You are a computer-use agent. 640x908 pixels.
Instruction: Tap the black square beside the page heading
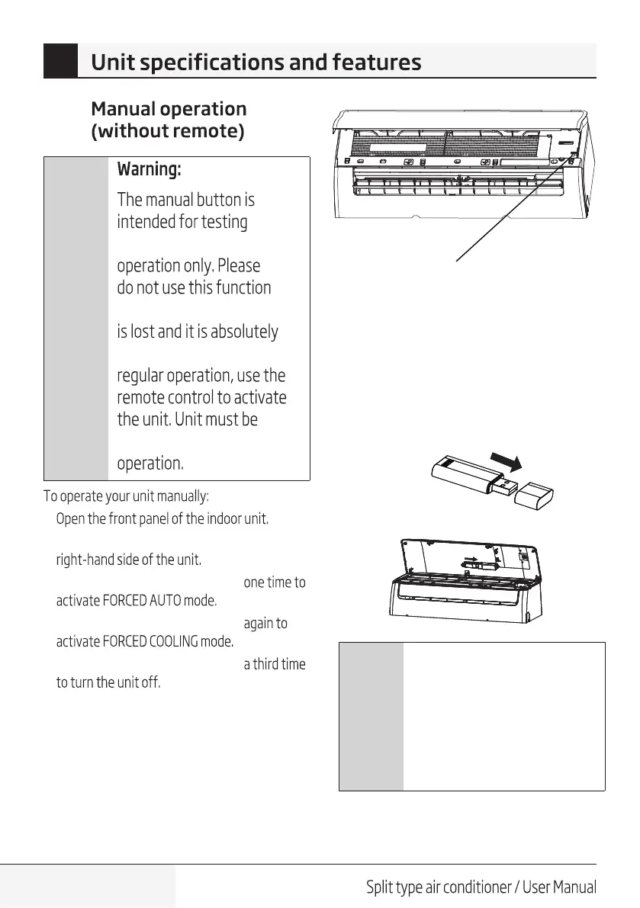[x=60, y=61]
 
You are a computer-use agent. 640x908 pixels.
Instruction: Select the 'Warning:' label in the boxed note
[x=149, y=168]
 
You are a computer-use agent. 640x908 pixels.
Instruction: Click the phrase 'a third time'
[x=274, y=664]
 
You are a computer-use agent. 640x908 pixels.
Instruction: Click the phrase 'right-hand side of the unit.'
[x=129, y=560]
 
